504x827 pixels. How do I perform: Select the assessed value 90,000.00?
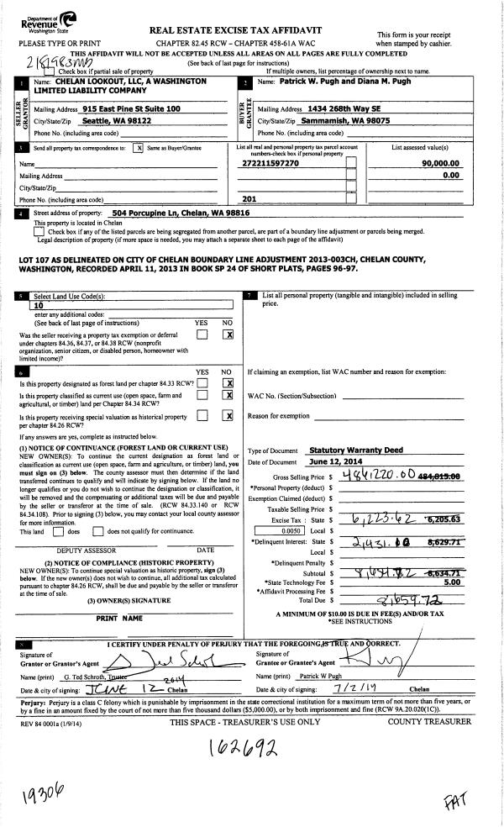(443, 165)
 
